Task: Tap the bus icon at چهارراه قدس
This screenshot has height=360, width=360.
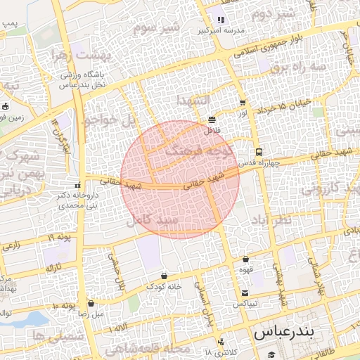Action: [259, 152]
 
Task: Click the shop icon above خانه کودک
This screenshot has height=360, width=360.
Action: [165, 276]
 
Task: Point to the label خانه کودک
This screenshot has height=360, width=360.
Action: [164, 287]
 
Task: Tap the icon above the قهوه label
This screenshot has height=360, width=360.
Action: [245, 259]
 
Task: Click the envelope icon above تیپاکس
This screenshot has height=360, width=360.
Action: [244, 293]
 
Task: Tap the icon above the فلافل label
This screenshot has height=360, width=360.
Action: [212, 119]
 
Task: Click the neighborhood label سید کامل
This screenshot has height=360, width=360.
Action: [154, 220]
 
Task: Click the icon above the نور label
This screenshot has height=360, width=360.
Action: [243, 103]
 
